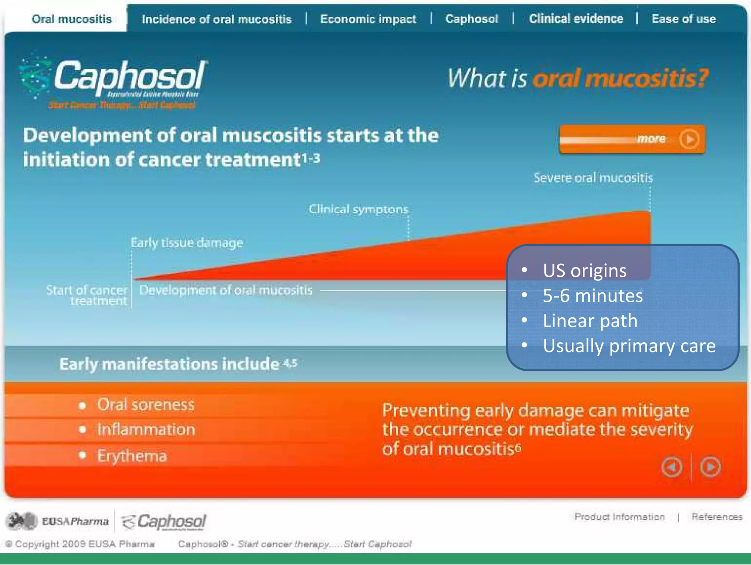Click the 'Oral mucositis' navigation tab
coord(72,19)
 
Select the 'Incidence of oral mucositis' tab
coord(217,19)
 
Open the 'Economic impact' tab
coord(368,19)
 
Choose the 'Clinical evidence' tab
coord(576,19)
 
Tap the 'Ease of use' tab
coord(684,19)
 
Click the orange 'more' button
coord(632,139)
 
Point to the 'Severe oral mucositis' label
coord(593,178)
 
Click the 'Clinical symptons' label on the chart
coord(358,209)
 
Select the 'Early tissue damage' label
coord(187,243)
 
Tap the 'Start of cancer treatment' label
coord(87,295)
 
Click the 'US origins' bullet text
coord(585,271)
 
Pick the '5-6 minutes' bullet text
coord(593,296)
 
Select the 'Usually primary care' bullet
coord(629,346)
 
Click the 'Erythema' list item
coord(132,456)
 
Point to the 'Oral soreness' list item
coord(146,405)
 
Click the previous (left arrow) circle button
coord(672,467)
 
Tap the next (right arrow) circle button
coord(710,467)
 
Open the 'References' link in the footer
coord(717,517)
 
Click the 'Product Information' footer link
coord(619,517)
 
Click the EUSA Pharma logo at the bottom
coord(58,521)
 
